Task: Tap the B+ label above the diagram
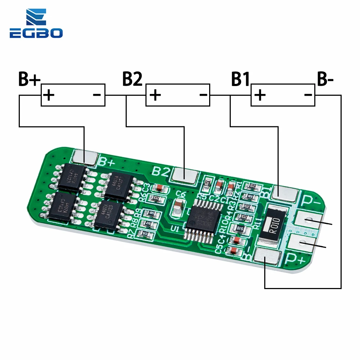29,80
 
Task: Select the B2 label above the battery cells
132,80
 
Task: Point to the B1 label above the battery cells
240,80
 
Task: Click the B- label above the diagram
325,80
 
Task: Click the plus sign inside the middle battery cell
155,95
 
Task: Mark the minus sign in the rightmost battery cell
308,95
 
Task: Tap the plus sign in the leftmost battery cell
49,95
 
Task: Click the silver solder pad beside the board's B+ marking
85,157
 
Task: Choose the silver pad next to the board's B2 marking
185,175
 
